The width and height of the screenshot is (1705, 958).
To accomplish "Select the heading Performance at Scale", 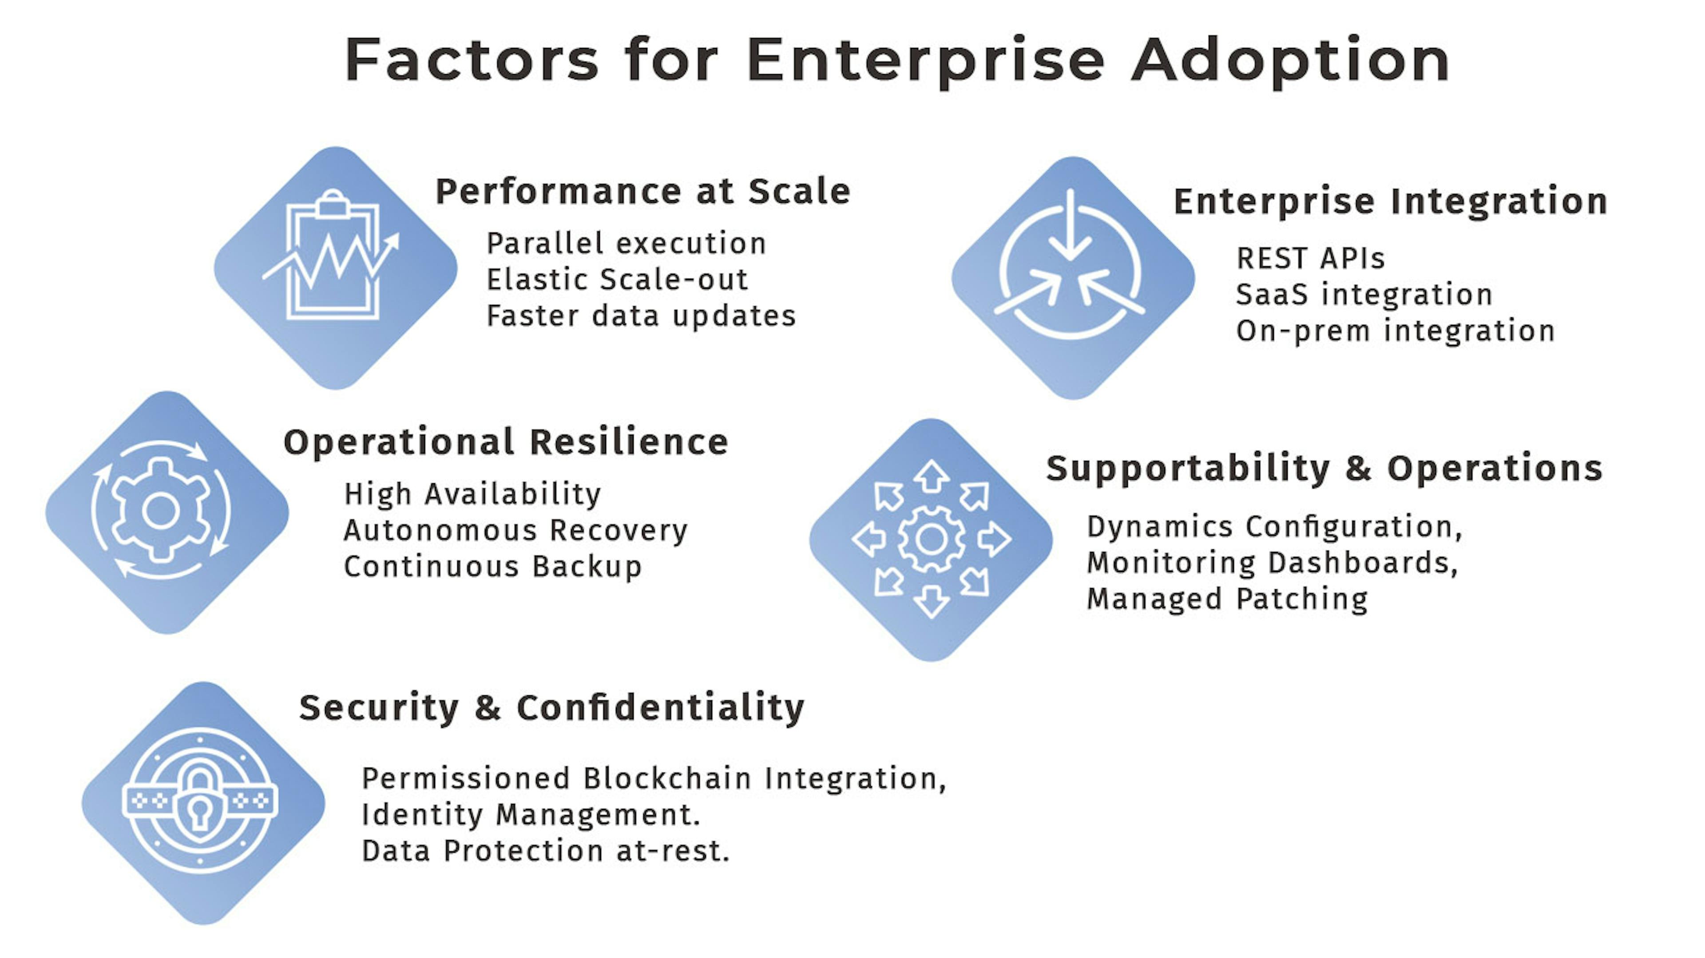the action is [642, 192].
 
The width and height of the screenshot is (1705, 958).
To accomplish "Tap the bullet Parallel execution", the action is [626, 244].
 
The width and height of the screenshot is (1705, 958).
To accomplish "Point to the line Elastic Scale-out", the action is [617, 279].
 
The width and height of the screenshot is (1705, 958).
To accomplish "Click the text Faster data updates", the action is [641, 315].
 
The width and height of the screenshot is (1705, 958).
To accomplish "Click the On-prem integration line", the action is [1395, 331].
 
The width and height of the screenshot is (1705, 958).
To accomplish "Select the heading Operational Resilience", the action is [506, 442].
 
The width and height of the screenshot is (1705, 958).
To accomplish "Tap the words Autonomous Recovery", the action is [515, 531].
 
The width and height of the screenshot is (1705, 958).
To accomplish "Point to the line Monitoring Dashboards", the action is [1272, 563].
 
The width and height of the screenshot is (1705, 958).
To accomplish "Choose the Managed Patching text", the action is [1227, 599].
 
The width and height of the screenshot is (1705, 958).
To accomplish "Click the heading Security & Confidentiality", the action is [552, 708].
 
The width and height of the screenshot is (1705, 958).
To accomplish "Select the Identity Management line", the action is [531, 815].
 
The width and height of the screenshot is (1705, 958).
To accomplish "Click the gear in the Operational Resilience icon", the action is [161, 511].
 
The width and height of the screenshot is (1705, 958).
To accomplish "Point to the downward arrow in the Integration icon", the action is [1070, 225].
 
